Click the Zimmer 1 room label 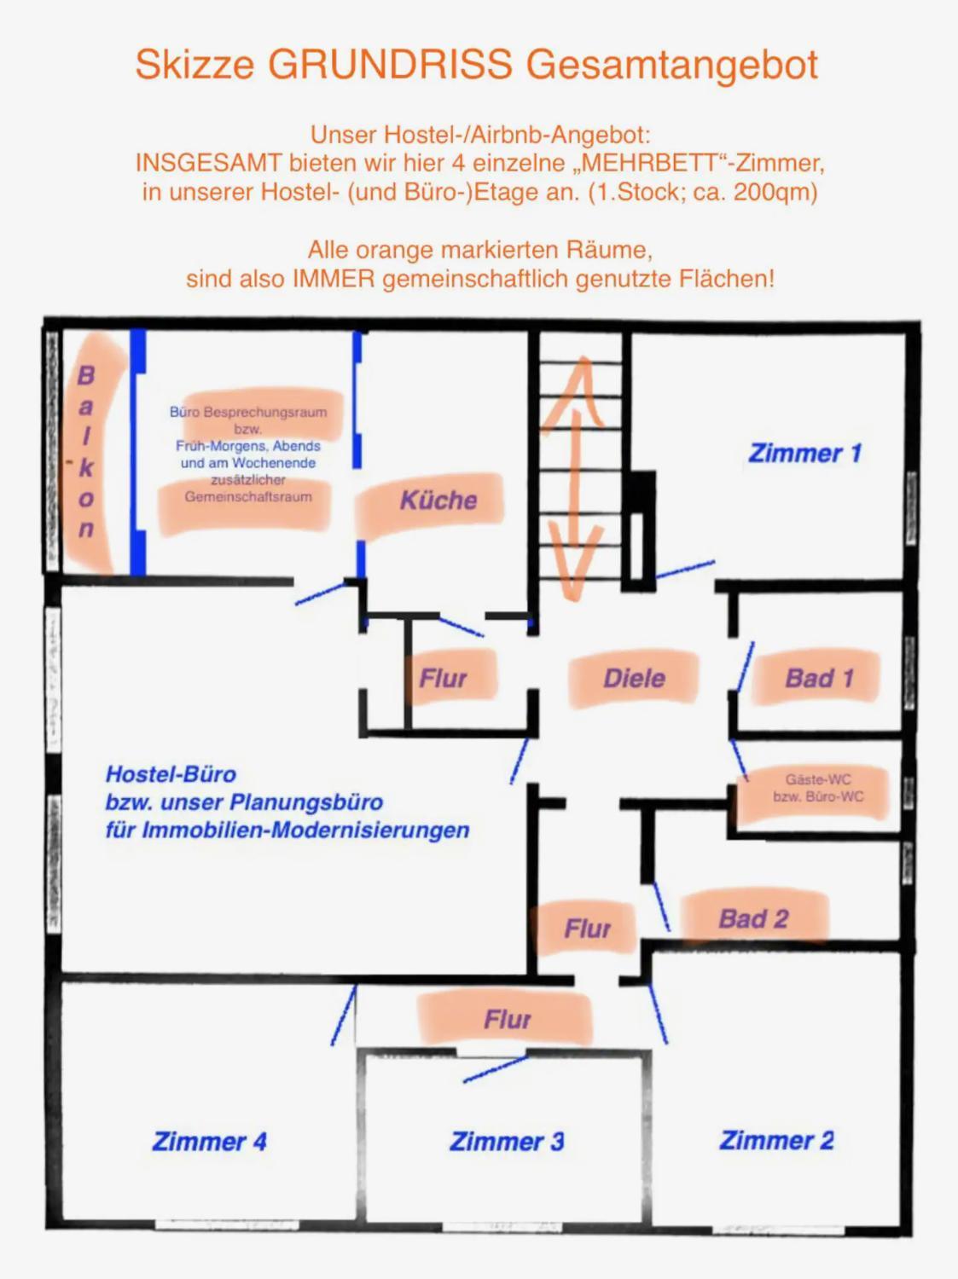(x=804, y=454)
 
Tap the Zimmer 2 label (x=776, y=1140)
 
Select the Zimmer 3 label (x=507, y=1142)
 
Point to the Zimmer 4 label (x=209, y=1142)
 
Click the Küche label (x=438, y=500)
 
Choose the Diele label (x=634, y=678)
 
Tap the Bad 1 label (x=819, y=678)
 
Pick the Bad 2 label (x=753, y=919)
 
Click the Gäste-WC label (x=818, y=779)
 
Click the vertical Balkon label (x=85, y=452)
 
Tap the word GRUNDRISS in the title (x=390, y=64)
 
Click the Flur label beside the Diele (x=443, y=678)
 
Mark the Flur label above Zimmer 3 (x=507, y=1020)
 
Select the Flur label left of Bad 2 (x=588, y=929)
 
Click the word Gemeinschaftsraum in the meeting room (x=248, y=497)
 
